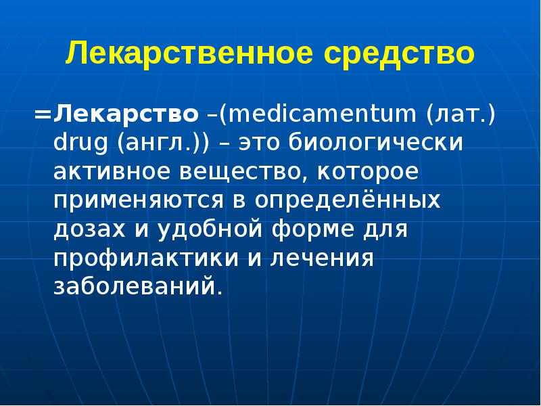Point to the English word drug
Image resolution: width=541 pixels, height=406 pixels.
point(78,144)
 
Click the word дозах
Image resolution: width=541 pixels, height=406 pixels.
point(85,231)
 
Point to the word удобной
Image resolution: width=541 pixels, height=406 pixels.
point(195,231)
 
